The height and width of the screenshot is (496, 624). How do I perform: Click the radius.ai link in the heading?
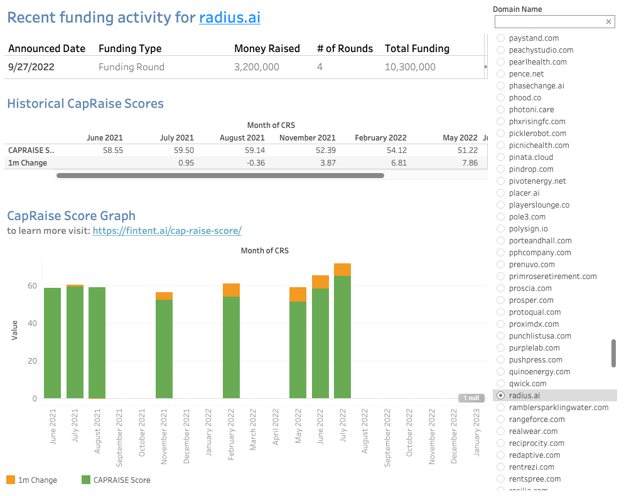pyautogui.click(x=230, y=18)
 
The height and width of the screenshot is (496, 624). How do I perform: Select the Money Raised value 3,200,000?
pyautogui.click(x=256, y=67)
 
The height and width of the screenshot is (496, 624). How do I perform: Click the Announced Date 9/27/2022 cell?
pyautogui.click(x=31, y=67)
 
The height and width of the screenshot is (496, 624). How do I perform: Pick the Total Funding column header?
pyautogui.click(x=417, y=48)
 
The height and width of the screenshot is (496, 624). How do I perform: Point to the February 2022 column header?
pyautogui.click(x=380, y=138)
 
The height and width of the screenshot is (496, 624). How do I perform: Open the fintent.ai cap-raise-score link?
pyautogui.click(x=167, y=231)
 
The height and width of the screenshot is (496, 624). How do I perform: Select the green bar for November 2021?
pyautogui.click(x=164, y=349)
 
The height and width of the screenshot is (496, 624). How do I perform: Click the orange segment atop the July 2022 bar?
pyautogui.click(x=342, y=270)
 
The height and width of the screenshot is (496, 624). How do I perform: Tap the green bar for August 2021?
pyautogui.click(x=97, y=342)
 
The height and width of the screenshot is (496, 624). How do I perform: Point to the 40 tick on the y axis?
pyautogui.click(x=32, y=324)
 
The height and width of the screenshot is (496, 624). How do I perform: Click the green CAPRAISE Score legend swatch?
pyautogui.click(x=86, y=480)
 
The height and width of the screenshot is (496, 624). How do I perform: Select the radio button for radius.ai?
pyautogui.click(x=500, y=396)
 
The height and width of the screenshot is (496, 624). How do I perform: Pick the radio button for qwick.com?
pyautogui.click(x=500, y=384)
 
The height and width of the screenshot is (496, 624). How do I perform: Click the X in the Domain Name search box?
pyautogui.click(x=608, y=22)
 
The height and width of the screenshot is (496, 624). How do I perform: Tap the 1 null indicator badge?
pyautogui.click(x=471, y=398)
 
